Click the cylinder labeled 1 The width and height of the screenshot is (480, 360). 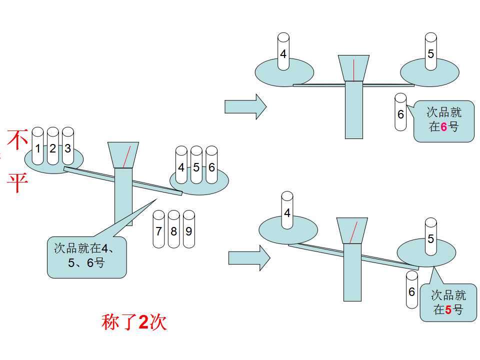[37, 146]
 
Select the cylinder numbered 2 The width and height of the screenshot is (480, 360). [52, 146]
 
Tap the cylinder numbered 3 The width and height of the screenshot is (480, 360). [67, 146]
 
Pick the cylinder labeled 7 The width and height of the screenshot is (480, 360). [158, 229]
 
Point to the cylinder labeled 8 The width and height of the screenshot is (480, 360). [173, 229]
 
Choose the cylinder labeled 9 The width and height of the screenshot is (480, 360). [189, 229]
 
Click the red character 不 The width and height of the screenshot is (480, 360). [18, 139]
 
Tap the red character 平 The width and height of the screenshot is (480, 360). [18, 183]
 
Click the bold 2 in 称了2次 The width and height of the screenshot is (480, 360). [143, 321]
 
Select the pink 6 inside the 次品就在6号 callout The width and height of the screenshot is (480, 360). [444, 126]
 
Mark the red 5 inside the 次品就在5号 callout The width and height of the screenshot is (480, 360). [448, 310]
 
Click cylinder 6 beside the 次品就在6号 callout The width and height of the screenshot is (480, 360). [400, 112]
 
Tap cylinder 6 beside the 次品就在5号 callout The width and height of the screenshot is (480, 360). [411, 289]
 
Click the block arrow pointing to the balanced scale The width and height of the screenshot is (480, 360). [246, 107]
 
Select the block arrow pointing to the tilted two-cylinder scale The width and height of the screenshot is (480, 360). [249, 258]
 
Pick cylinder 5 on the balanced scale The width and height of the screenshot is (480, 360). [430, 51]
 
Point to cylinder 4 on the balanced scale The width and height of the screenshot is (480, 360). [283, 51]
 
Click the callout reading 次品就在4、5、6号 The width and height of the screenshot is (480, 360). [86, 257]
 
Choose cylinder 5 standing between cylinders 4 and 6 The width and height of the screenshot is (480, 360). [196, 165]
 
